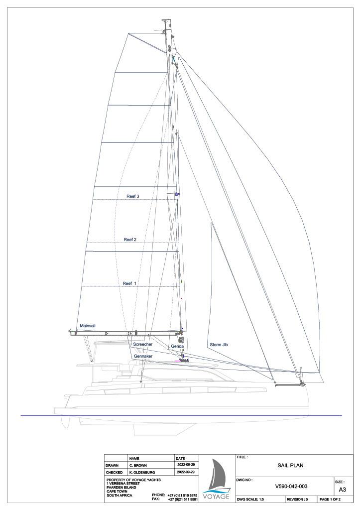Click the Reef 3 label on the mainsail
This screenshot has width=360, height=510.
(x=132, y=196)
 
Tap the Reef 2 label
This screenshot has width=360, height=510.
(x=130, y=240)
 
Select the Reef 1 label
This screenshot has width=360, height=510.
(x=129, y=283)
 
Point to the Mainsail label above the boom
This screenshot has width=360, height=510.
(x=88, y=326)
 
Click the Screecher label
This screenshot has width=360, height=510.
(x=143, y=344)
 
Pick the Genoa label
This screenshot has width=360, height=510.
(x=177, y=347)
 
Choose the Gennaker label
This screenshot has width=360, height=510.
(x=143, y=356)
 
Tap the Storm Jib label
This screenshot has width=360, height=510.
(x=219, y=345)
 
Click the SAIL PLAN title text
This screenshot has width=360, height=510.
(x=290, y=466)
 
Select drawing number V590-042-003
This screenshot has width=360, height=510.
(x=291, y=487)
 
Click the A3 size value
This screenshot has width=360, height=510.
(x=343, y=490)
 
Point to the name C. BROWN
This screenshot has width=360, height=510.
(x=138, y=466)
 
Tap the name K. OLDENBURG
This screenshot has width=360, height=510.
(x=142, y=472)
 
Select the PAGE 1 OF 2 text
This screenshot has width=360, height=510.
(x=330, y=499)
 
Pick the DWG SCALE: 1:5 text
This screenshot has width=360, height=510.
(x=250, y=499)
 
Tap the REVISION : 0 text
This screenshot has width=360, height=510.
(x=297, y=499)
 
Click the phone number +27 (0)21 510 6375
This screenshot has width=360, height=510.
(x=182, y=495)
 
